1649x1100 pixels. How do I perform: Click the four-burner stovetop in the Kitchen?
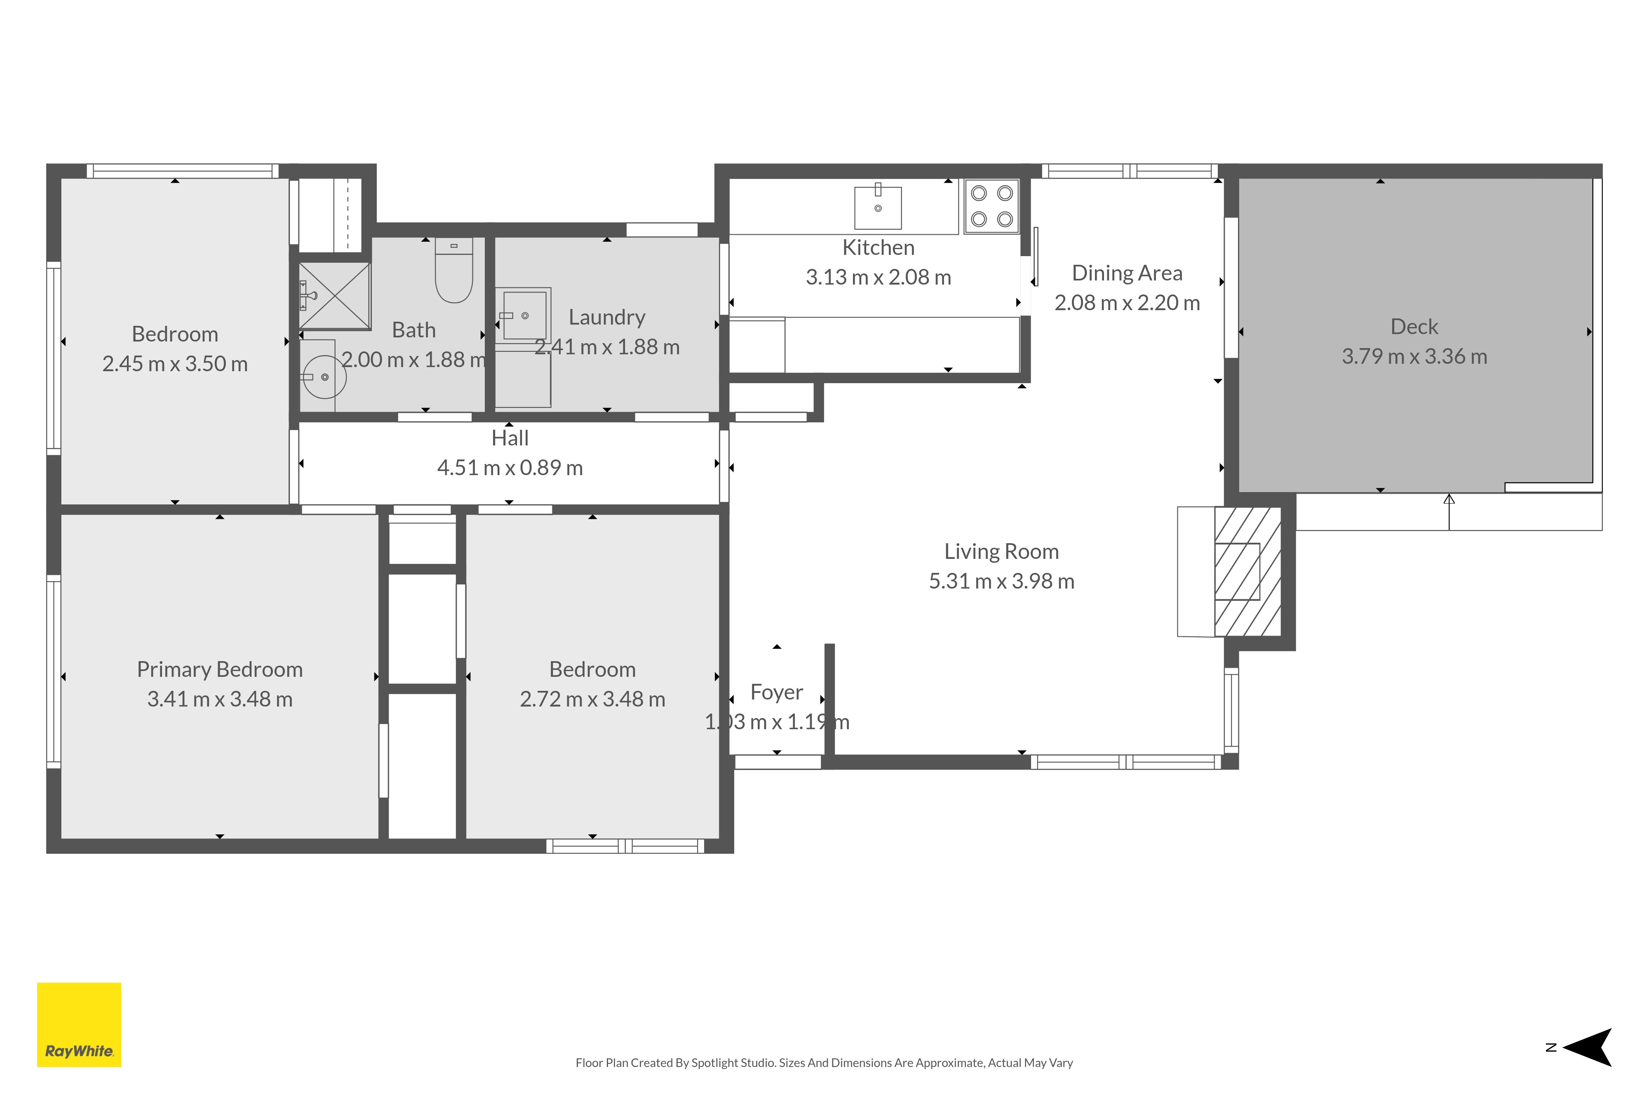tap(991, 206)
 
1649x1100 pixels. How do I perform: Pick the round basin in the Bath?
tap(324, 377)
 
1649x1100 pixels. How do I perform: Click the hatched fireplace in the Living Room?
tap(1248, 572)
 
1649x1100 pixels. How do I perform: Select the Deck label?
tap(1414, 327)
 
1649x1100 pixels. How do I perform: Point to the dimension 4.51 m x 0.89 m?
tap(510, 468)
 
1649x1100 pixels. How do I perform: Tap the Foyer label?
tap(776, 693)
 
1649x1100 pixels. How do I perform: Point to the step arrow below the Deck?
tap(1449, 512)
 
